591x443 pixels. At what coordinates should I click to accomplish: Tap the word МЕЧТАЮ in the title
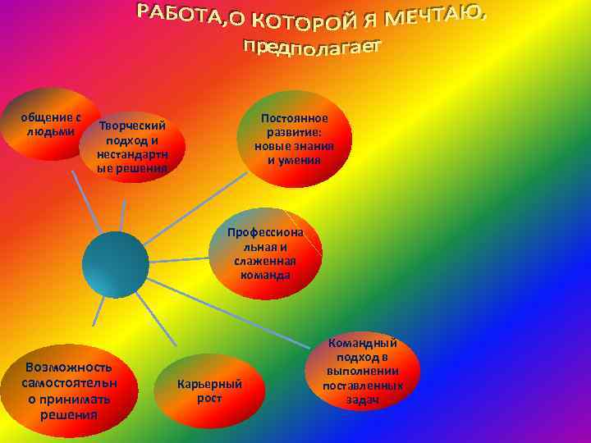tap(440, 14)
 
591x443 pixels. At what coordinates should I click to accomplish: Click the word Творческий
tap(132, 126)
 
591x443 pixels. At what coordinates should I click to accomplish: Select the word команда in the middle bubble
tap(265, 275)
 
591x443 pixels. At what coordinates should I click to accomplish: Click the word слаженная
tap(265, 261)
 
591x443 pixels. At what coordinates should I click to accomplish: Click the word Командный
tap(362, 343)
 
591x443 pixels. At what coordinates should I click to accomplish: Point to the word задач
tap(362, 400)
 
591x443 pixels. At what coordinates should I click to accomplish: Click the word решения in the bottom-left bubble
tap(69, 413)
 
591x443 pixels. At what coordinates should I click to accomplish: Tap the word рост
tap(210, 398)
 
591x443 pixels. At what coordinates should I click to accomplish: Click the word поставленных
tap(362, 386)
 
